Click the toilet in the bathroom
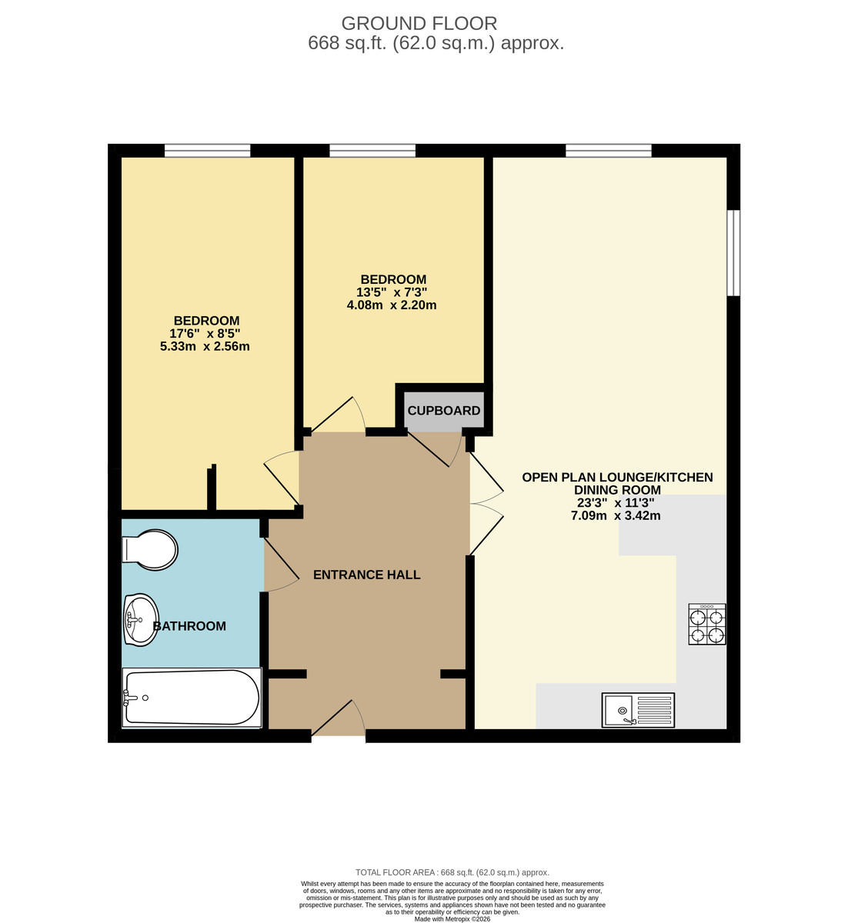[151, 550]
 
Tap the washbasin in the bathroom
[140, 619]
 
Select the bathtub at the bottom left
[192, 697]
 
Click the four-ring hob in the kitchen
[706, 624]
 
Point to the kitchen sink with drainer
[638, 709]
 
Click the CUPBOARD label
[444, 411]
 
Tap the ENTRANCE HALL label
[367, 575]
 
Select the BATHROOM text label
[190, 626]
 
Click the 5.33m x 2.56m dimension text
[205, 346]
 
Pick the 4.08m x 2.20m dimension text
[392, 305]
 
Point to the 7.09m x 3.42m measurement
[616, 515]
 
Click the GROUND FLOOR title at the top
[419, 24]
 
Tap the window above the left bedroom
[207, 151]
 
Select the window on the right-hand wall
[733, 252]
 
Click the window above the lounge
[608, 151]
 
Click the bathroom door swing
[281, 565]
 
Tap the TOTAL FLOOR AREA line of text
[452, 872]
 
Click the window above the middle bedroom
[372, 151]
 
